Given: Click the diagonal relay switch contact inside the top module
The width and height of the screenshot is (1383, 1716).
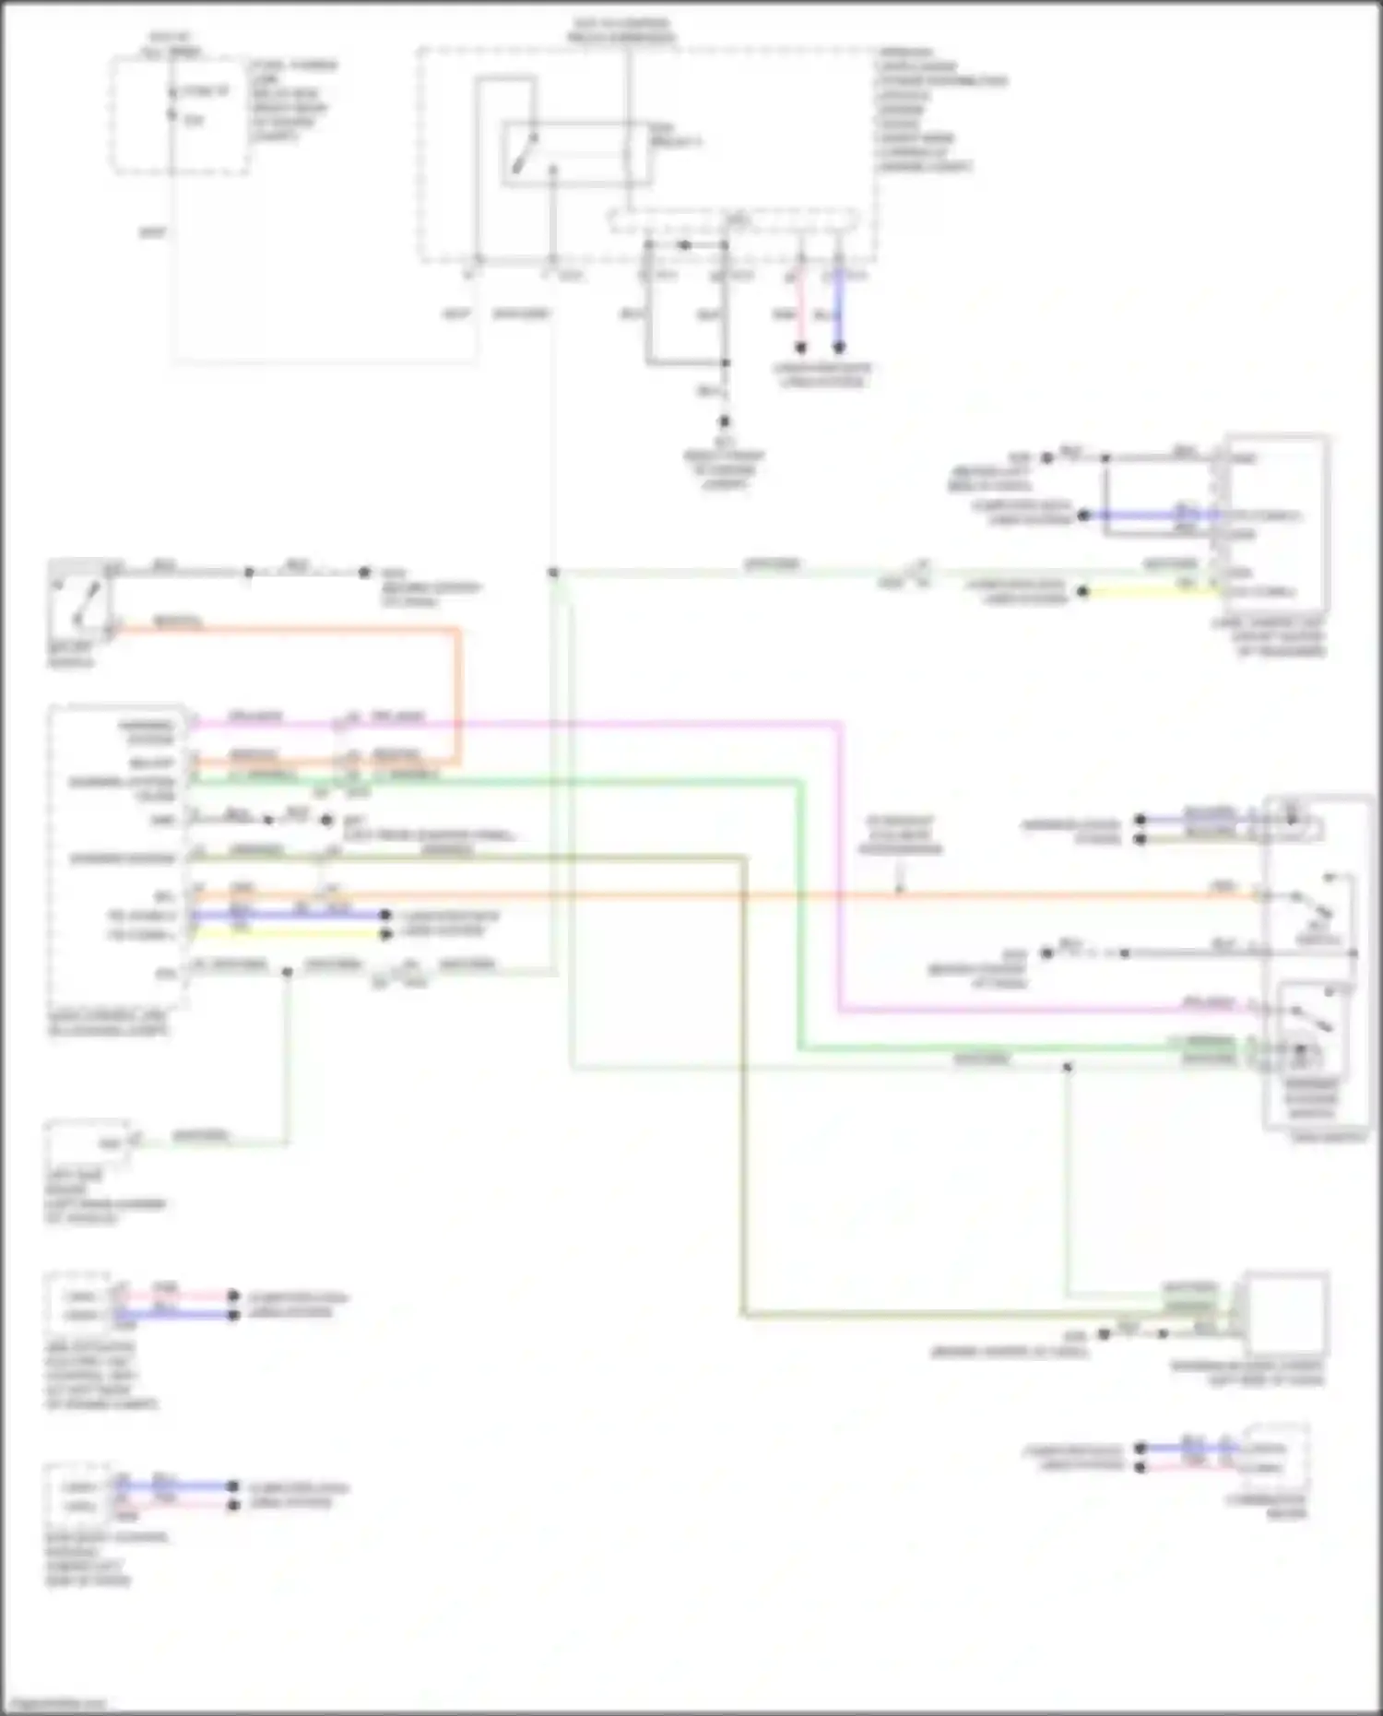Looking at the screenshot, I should point(523,153).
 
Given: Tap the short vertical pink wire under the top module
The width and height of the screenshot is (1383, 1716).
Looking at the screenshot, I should point(800,314).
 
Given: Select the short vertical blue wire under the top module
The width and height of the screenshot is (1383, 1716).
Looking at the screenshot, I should point(838,314).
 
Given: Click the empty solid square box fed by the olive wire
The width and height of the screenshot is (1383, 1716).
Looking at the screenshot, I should point(1286,1314).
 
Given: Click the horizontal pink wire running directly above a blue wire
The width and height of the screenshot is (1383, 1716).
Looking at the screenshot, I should point(175,1296).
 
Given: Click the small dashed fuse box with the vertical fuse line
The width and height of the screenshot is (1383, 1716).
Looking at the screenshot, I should point(180,115).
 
